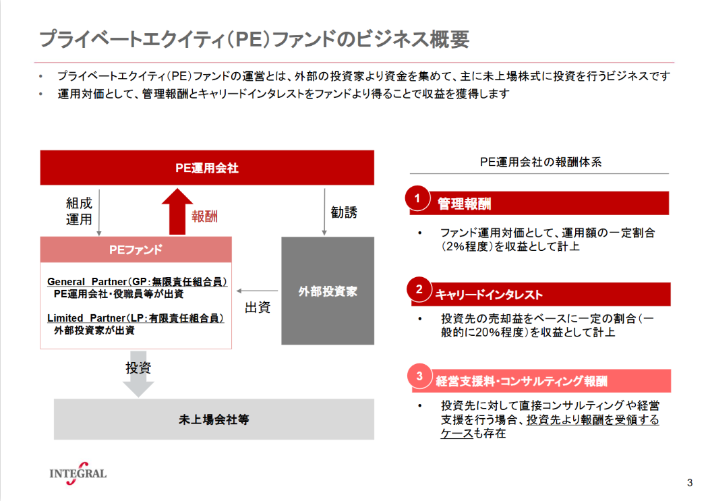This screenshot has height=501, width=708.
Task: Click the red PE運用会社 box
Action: point(207,167)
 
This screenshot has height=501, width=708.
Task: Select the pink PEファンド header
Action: point(136,249)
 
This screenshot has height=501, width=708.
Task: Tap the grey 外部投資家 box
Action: point(328,291)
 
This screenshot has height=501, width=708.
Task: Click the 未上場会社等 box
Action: point(214,419)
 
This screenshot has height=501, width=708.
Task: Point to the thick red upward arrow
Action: point(177,211)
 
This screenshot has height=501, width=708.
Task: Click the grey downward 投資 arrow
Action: point(138,374)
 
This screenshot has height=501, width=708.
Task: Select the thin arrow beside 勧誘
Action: point(324,212)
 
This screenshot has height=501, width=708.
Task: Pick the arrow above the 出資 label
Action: point(258,291)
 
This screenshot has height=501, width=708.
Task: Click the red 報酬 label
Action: point(204,216)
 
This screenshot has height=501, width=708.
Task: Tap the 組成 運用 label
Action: point(79,211)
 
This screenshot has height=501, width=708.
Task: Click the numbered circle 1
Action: point(417,198)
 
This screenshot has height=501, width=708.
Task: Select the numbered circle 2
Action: point(419,289)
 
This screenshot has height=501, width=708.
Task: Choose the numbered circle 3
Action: point(419,376)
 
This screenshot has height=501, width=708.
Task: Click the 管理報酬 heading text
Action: point(464,204)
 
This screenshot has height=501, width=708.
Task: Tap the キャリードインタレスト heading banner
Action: point(541,294)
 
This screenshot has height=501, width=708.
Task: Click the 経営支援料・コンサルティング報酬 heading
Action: point(521,382)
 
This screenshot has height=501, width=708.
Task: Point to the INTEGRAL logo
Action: point(78,473)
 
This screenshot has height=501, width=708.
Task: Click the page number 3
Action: point(690,483)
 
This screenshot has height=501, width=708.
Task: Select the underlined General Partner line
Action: point(137,282)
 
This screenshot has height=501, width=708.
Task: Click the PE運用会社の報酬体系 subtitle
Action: point(541,162)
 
